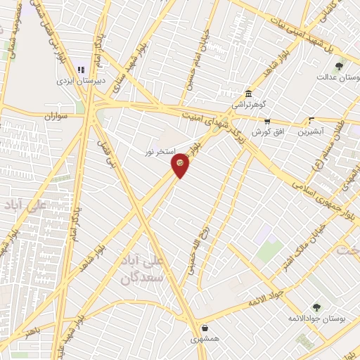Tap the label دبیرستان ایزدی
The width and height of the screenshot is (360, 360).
pyautogui.click(x=81, y=80)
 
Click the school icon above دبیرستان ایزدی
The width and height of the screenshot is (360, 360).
pyautogui.click(x=80, y=70)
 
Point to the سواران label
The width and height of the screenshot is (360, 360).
pyautogui.click(x=56, y=115)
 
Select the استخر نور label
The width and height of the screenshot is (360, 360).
pyautogui.click(x=158, y=151)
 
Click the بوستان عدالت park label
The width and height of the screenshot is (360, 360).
pyautogui.click(x=338, y=77)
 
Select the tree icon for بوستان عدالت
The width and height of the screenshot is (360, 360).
pyautogui.click(x=339, y=65)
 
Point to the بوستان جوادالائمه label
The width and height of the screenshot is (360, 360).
pyautogui.click(x=314, y=319)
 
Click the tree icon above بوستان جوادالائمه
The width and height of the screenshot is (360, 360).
pyautogui.click(x=316, y=307)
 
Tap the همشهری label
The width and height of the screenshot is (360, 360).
pyautogui.click(x=205, y=339)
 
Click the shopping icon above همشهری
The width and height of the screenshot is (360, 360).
pyautogui.click(x=205, y=327)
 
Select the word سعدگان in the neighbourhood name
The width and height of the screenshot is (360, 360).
pyautogui.click(x=142, y=278)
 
